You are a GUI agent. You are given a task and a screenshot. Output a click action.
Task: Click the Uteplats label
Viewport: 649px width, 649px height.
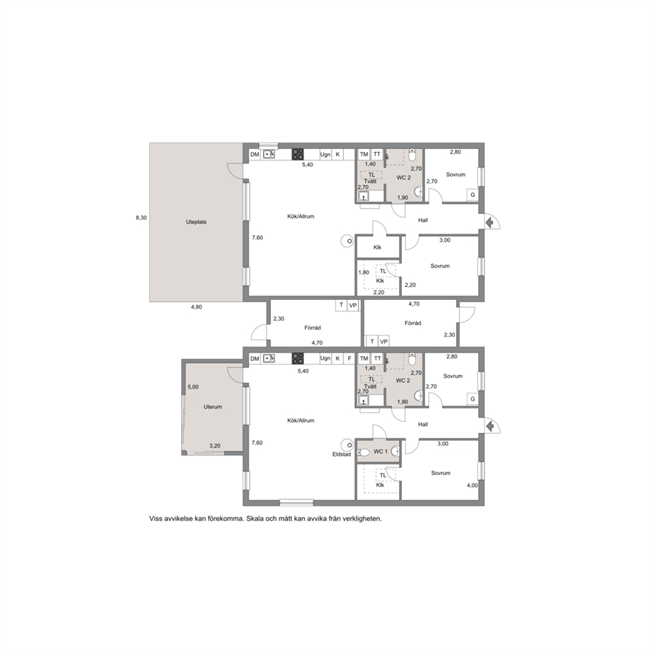coord(196,222)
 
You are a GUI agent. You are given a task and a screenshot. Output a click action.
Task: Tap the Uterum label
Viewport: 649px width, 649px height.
coord(213,407)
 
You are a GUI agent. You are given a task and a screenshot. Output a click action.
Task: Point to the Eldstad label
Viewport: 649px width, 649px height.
coord(342,454)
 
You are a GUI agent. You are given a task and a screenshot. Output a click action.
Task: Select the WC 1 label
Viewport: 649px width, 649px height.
coord(381,451)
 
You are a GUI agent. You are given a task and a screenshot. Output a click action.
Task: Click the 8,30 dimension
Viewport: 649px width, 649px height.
coord(141,218)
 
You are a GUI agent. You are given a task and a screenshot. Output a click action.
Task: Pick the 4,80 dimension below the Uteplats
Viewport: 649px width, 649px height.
coord(196,307)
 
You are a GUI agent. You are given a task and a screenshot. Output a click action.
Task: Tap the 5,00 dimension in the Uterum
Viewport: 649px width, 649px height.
coord(193,387)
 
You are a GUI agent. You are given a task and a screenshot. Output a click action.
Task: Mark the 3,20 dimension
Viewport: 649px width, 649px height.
coord(215,446)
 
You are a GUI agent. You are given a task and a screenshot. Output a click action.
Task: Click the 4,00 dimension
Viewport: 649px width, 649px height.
coord(472,485)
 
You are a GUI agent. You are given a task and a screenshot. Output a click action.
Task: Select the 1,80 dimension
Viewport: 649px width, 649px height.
coord(363,272)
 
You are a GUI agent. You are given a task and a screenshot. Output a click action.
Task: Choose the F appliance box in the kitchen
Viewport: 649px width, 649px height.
coord(349,359)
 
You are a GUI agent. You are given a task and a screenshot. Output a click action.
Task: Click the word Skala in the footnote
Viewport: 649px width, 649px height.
coord(254,519)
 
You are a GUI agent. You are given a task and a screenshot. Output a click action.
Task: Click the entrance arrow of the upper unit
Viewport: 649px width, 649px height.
coord(489,222)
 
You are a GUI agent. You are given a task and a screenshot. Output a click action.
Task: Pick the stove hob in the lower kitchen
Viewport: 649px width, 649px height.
coord(298,359)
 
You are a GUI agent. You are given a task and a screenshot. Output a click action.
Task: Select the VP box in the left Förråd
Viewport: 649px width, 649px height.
coord(353,306)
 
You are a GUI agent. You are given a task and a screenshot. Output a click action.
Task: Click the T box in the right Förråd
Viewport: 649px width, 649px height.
coord(372,342)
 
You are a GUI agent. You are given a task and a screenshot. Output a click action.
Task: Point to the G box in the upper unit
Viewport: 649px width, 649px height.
coord(472,195)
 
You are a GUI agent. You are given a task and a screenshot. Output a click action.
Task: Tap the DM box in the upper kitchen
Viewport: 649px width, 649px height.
coord(254,154)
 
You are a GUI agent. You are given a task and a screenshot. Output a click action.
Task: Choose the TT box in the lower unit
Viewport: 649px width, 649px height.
coord(377,359)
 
